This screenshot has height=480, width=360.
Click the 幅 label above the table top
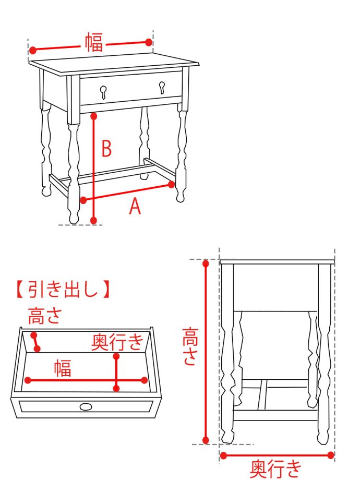94,42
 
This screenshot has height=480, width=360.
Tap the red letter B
106,149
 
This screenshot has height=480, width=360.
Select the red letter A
135,207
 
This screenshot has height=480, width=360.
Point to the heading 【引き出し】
62,289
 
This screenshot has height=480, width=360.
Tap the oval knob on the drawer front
86,406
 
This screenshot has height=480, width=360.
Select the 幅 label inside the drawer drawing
63,368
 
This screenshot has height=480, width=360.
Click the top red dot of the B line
93,115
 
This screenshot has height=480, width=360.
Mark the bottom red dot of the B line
93,221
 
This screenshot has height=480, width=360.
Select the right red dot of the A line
172,184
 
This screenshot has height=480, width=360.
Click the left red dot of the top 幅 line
32,51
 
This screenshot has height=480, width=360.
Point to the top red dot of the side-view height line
206,263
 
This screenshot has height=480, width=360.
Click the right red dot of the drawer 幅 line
145,380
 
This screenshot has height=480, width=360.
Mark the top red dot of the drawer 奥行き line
116,356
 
